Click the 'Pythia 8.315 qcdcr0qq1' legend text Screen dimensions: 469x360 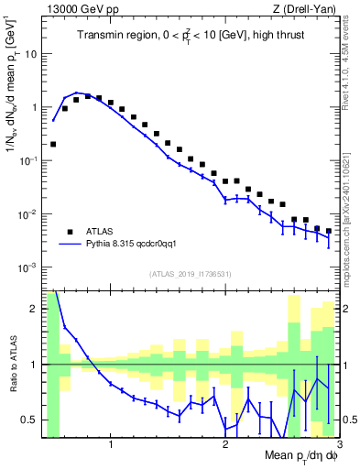click(x=127, y=245)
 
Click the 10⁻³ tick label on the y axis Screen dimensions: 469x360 click(x=29, y=267)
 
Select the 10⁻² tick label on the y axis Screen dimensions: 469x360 click(x=29, y=214)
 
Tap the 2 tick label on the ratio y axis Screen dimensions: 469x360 click(x=36, y=310)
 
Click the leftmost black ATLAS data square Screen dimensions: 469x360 click(x=53, y=144)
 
